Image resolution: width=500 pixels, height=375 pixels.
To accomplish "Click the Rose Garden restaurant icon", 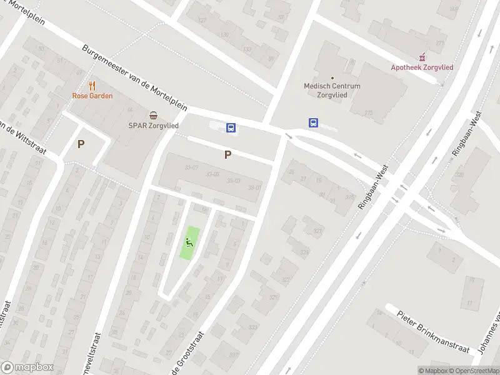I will pyautogui.click(x=92, y=86).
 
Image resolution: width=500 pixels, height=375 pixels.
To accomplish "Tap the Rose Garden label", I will pyautogui.click(x=92, y=96).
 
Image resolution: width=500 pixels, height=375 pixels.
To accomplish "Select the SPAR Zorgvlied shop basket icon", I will pyautogui.click(x=153, y=115).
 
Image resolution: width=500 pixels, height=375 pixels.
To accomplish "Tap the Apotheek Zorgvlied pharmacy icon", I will pyautogui.click(x=422, y=57).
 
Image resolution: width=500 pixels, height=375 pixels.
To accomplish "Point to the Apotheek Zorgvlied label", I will pyautogui.click(x=422, y=67).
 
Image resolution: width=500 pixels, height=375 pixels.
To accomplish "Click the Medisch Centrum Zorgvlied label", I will pyautogui.click(x=332, y=91).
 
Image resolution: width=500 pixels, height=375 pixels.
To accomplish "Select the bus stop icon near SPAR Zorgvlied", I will pyautogui.click(x=231, y=128).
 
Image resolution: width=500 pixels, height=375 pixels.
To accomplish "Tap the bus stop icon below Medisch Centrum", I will pyautogui.click(x=312, y=123).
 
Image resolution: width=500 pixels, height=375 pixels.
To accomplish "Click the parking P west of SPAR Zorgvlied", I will pyautogui.click(x=81, y=144).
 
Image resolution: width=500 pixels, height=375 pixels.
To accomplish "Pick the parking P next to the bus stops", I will pyautogui.click(x=227, y=154).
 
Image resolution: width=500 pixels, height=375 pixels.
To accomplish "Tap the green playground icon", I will pyautogui.click(x=189, y=242).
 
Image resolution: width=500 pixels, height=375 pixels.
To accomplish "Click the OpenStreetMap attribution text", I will pyautogui.click(x=472, y=371).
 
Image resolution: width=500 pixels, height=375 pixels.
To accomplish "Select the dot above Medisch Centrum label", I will pyautogui.click(x=332, y=78).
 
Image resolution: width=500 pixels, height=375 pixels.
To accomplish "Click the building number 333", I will pyautogui.click(x=252, y=327).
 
